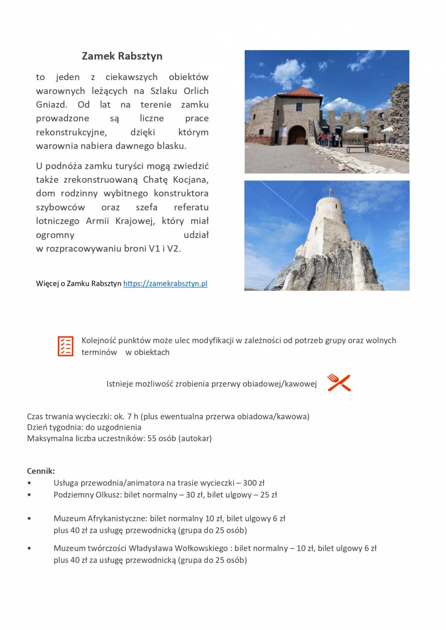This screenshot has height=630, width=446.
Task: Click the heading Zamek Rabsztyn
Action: pyautogui.click(x=122, y=56)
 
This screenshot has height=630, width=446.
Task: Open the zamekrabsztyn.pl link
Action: pyautogui.click(x=165, y=283)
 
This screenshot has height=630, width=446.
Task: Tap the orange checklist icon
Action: pyautogui.click(x=66, y=346)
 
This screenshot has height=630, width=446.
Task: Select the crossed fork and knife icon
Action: pyautogui.click(x=339, y=383)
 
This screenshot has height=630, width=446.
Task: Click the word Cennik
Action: pyautogui.click(x=41, y=471)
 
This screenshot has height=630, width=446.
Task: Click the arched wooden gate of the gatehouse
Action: pyautogui.click(x=297, y=135)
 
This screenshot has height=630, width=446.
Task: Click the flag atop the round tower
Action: pyautogui.click(x=330, y=192)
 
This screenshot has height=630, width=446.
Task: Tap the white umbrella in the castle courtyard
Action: pyautogui.click(x=355, y=131)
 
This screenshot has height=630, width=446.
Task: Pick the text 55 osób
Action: pyautogui.click(x=161, y=438)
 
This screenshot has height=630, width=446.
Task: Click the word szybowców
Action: pyautogui.click(x=60, y=207)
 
